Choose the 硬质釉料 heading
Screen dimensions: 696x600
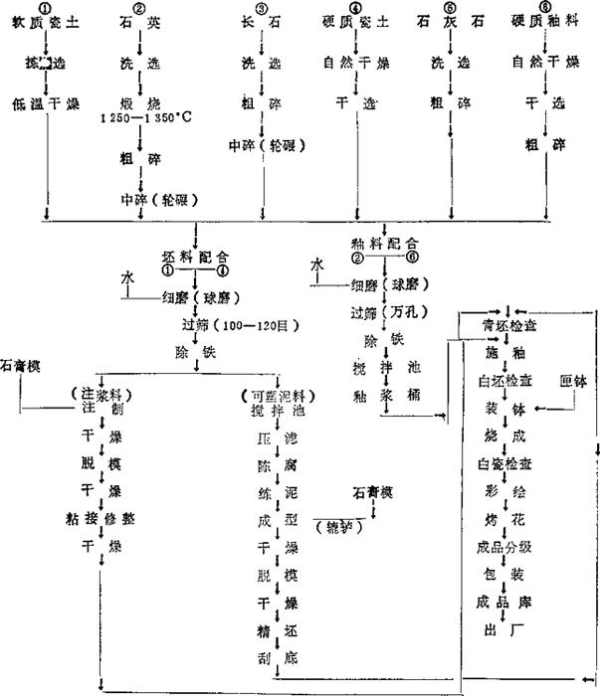(x=545, y=23)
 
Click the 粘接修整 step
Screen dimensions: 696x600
(x=103, y=517)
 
